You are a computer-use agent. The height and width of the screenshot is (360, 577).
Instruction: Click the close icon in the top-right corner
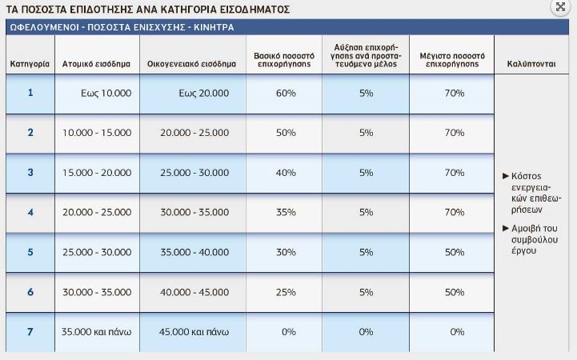click(x=560, y=6)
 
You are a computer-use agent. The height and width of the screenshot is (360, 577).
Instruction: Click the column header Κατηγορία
click(x=30, y=63)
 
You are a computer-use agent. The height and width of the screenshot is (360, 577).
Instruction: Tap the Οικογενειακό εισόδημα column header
click(x=192, y=63)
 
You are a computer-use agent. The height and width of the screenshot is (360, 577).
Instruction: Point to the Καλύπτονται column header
click(x=531, y=63)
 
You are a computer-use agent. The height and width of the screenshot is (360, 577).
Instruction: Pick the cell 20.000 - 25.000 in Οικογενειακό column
click(x=194, y=133)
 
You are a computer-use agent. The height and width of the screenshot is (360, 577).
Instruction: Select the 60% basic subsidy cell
click(x=286, y=94)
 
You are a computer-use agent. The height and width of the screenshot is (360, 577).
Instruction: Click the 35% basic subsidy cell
click(x=286, y=212)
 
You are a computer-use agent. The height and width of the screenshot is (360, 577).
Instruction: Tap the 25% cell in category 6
click(x=286, y=292)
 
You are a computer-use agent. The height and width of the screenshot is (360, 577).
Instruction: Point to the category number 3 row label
click(x=30, y=172)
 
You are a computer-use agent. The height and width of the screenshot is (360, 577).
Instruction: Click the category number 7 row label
click(x=30, y=331)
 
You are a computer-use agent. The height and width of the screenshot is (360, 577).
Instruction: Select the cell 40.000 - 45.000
click(x=194, y=292)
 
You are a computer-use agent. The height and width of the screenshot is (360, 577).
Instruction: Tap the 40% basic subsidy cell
click(x=286, y=173)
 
